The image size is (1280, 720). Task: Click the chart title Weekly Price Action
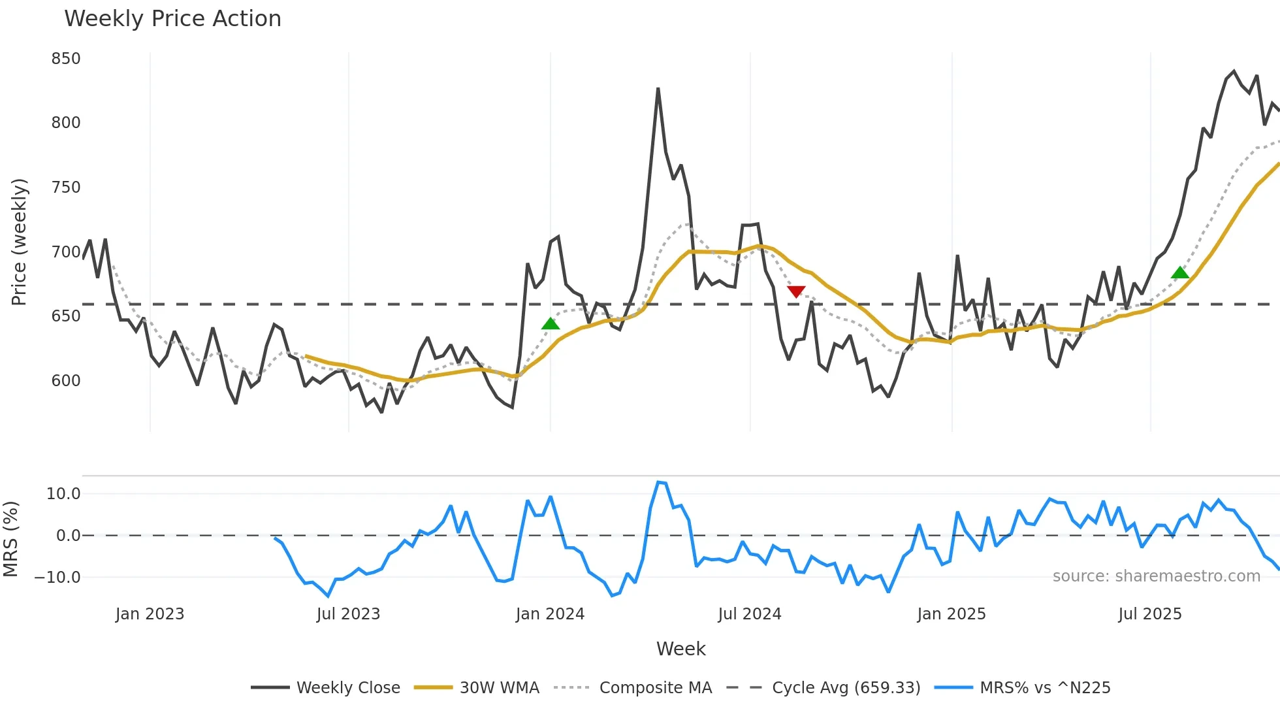coord(172,19)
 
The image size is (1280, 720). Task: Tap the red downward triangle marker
coord(796,291)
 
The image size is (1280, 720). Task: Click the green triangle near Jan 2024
coord(551,324)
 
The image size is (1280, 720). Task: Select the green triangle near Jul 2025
coord(1180,273)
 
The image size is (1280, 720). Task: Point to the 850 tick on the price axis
coord(66,59)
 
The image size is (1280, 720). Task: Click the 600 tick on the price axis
coord(66,381)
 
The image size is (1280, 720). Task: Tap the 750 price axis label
coord(66,188)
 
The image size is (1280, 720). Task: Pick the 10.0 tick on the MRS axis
coord(63,494)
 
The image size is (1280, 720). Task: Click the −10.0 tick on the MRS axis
coord(57,578)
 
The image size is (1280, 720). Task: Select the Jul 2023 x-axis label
coord(348,614)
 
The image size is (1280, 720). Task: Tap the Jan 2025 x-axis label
coord(951,614)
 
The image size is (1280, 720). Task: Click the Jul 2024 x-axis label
coord(750,614)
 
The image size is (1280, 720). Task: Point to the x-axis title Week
coord(680,649)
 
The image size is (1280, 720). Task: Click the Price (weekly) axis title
coord(20,242)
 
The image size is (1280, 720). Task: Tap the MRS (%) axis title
coord(11,539)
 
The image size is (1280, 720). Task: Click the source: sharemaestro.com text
coord(1156,576)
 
